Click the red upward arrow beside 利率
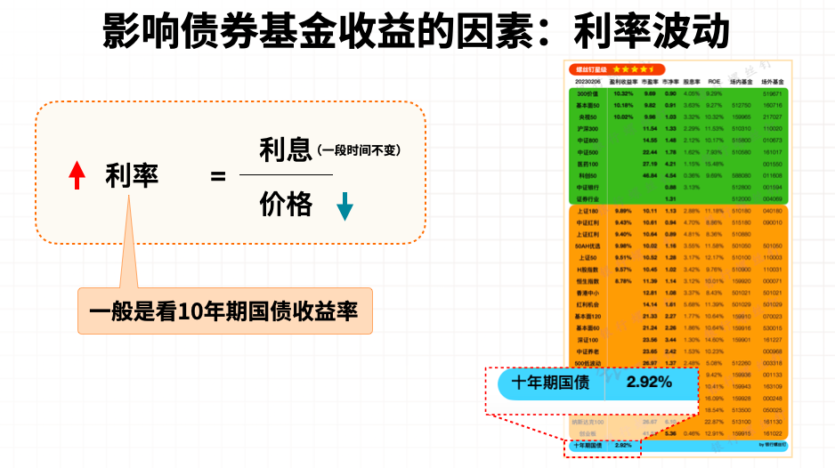(x=77, y=175)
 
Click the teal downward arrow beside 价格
(x=345, y=206)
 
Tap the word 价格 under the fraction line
(x=286, y=205)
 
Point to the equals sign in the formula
(x=218, y=176)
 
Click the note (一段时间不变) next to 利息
(x=358, y=150)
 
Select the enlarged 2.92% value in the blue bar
(x=648, y=383)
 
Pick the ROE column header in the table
(x=714, y=81)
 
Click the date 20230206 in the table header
(x=588, y=81)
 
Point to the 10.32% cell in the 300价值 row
(x=623, y=93)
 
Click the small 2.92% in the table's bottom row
(x=622, y=444)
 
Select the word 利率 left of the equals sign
(x=132, y=176)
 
